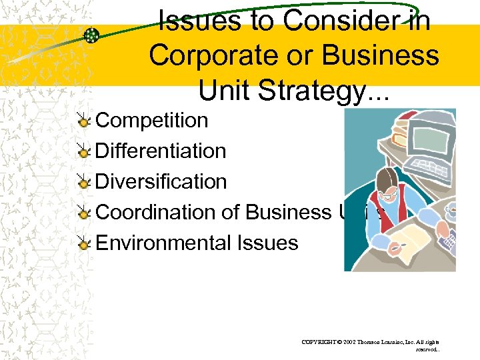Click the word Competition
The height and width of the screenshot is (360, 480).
[152, 120]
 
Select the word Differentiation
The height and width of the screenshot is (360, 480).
[161, 151]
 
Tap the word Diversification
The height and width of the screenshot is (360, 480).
[161, 181]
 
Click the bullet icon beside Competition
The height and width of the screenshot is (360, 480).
[83, 121]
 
